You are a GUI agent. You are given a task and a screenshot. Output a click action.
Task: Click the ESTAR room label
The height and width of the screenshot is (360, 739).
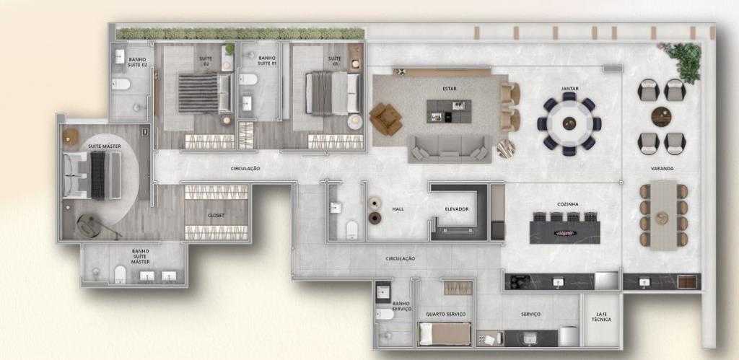tap(450, 89)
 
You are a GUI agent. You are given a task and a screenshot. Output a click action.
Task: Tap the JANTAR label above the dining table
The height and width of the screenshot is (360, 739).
tap(570, 89)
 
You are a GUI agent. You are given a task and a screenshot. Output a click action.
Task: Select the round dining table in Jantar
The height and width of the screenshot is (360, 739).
tap(569, 123)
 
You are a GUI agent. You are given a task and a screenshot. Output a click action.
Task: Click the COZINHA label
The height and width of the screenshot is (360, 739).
tap(567, 204)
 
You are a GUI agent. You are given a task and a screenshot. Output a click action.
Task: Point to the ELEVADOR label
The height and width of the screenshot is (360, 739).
tap(457, 208)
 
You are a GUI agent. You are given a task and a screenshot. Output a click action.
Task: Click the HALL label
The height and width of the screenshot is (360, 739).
tap(398, 208)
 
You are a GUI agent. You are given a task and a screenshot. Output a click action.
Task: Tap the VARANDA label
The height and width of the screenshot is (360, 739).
tap(662, 168)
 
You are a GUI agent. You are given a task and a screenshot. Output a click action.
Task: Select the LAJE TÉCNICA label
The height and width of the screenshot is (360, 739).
tap(601, 317)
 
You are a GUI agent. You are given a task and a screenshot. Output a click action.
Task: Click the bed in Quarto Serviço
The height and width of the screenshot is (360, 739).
tap(445, 333)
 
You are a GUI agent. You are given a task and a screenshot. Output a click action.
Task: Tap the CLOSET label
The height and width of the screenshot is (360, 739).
tap(217, 215)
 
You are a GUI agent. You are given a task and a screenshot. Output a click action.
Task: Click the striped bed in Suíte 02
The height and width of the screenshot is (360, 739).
tap(204, 93)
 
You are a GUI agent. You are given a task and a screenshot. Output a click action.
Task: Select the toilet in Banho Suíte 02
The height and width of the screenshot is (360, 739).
tap(121, 84)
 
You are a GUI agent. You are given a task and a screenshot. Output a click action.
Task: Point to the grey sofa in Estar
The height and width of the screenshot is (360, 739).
tap(449, 149)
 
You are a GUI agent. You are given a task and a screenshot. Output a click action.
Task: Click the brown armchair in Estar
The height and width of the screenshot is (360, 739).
tap(385, 119)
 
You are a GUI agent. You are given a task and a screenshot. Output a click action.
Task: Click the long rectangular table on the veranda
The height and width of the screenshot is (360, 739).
tap(663, 215)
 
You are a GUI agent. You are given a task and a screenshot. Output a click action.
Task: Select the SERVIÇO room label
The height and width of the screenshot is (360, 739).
tap(530, 315)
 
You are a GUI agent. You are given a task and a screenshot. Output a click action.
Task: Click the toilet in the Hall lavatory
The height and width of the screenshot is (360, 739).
tap(352, 229)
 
